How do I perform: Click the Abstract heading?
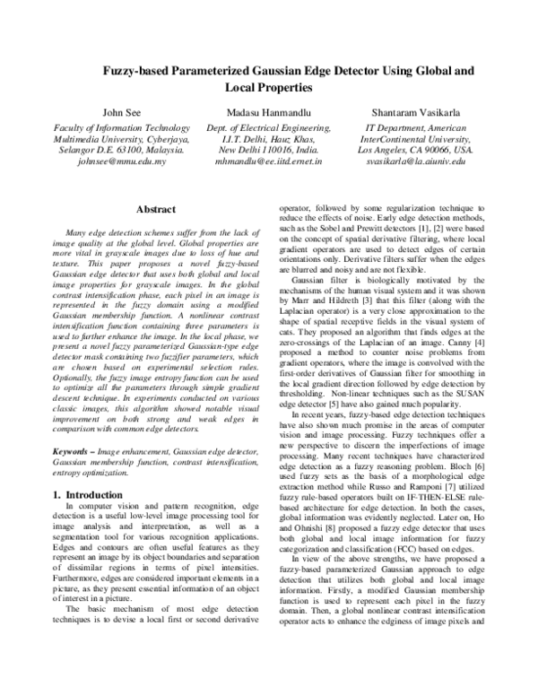153,208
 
